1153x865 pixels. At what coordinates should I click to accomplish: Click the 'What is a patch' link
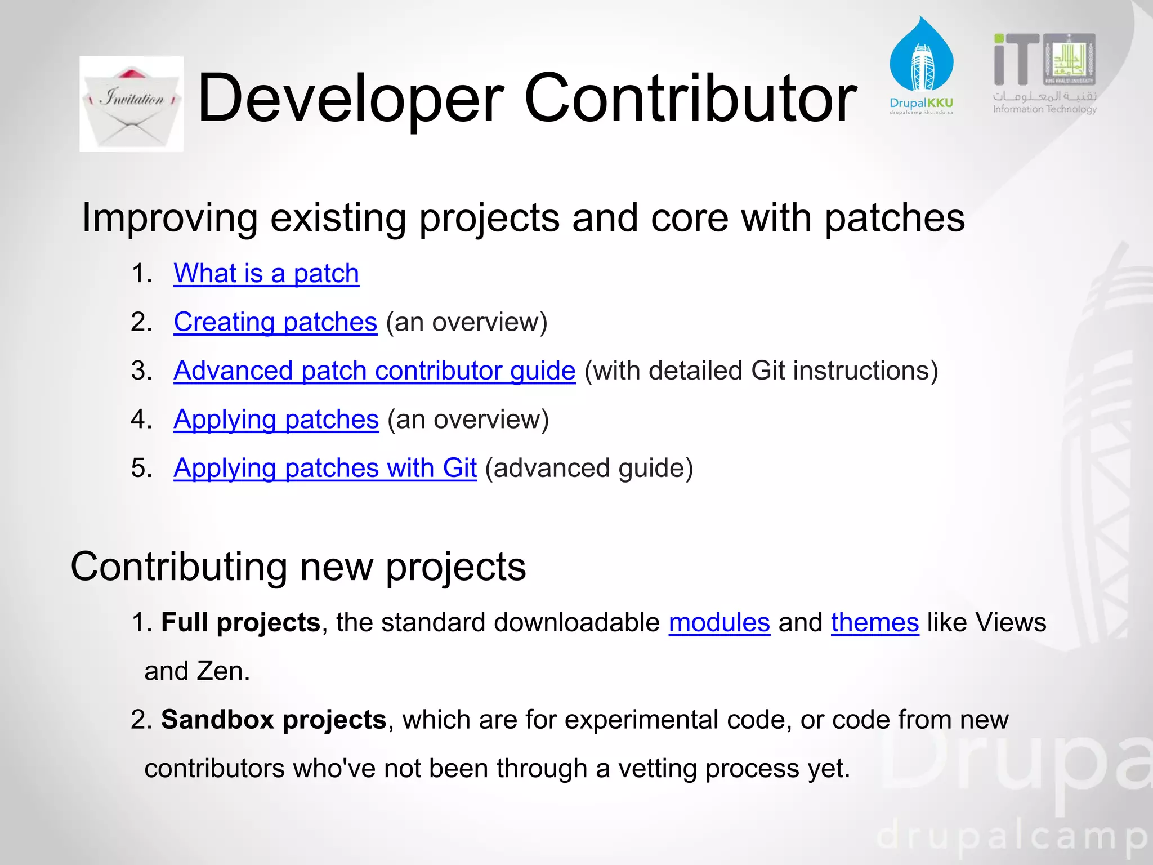(266, 274)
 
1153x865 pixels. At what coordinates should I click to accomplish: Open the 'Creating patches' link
(275, 323)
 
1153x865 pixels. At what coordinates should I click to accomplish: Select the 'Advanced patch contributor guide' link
(374, 371)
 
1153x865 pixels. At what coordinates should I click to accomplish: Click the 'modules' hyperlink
(719, 623)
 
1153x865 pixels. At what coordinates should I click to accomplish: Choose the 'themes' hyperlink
(874, 623)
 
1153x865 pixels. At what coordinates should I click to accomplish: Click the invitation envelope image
(131, 104)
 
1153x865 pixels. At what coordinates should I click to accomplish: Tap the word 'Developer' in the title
(350, 99)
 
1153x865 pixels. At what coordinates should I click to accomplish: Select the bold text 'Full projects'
(240, 623)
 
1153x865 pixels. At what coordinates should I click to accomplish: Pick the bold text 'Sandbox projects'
(274, 720)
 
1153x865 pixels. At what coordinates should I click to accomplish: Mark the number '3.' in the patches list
(142, 372)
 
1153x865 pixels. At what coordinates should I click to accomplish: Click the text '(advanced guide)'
(589, 469)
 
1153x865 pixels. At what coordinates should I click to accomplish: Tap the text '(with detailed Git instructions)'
(761, 371)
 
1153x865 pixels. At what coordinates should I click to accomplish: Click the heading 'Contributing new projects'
(298, 567)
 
